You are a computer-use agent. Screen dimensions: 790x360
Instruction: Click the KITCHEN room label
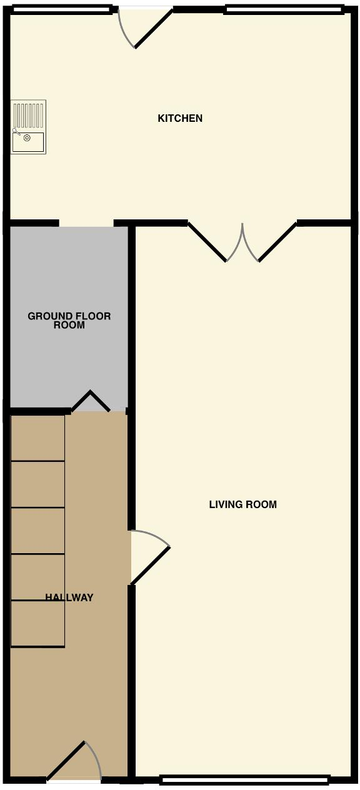coord(180,118)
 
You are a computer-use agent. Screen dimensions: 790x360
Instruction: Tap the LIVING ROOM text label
coord(242,504)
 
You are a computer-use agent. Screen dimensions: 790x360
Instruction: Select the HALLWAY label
coord(69,597)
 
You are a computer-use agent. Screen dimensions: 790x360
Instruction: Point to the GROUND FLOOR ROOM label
coord(69,321)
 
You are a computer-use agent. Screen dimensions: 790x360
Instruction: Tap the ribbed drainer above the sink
coord(29,114)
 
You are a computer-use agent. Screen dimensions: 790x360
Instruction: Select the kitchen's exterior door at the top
coord(152,29)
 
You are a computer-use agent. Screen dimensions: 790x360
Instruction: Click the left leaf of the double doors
coord(207,241)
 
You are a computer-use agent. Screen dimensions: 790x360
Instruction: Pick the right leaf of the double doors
coord(276,241)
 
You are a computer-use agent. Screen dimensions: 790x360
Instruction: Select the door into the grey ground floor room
coord(91,401)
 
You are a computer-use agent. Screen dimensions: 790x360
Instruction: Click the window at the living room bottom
coord(244,779)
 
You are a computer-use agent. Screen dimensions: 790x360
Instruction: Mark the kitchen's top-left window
coord(61,9)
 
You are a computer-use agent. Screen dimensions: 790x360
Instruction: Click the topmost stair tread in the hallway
coord(38,438)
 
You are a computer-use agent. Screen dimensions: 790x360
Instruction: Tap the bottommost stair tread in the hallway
coord(38,624)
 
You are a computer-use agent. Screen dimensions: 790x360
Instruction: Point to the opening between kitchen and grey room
coord(86,224)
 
